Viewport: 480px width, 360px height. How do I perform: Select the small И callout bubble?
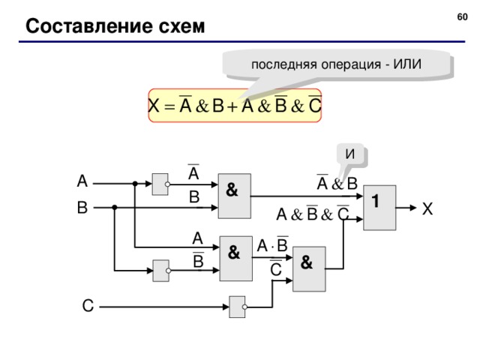coord(350,154)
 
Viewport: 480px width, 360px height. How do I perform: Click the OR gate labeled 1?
coord(378,205)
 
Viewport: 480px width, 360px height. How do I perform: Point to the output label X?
coord(427,211)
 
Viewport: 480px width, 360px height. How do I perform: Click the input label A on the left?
coord(82,181)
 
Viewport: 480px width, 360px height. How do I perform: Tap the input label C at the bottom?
coord(88,306)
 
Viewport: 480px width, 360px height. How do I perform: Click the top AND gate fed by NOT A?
coord(233,195)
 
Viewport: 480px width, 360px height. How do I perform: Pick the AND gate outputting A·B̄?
coord(233,256)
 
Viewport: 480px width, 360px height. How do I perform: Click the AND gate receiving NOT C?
coord(308,268)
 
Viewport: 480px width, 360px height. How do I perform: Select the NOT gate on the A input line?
coord(160,182)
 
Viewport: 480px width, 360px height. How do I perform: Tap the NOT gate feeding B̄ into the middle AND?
coord(160,270)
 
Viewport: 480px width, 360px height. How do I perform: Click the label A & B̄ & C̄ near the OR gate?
coord(312,215)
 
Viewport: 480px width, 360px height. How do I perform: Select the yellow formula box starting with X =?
coord(234,106)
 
